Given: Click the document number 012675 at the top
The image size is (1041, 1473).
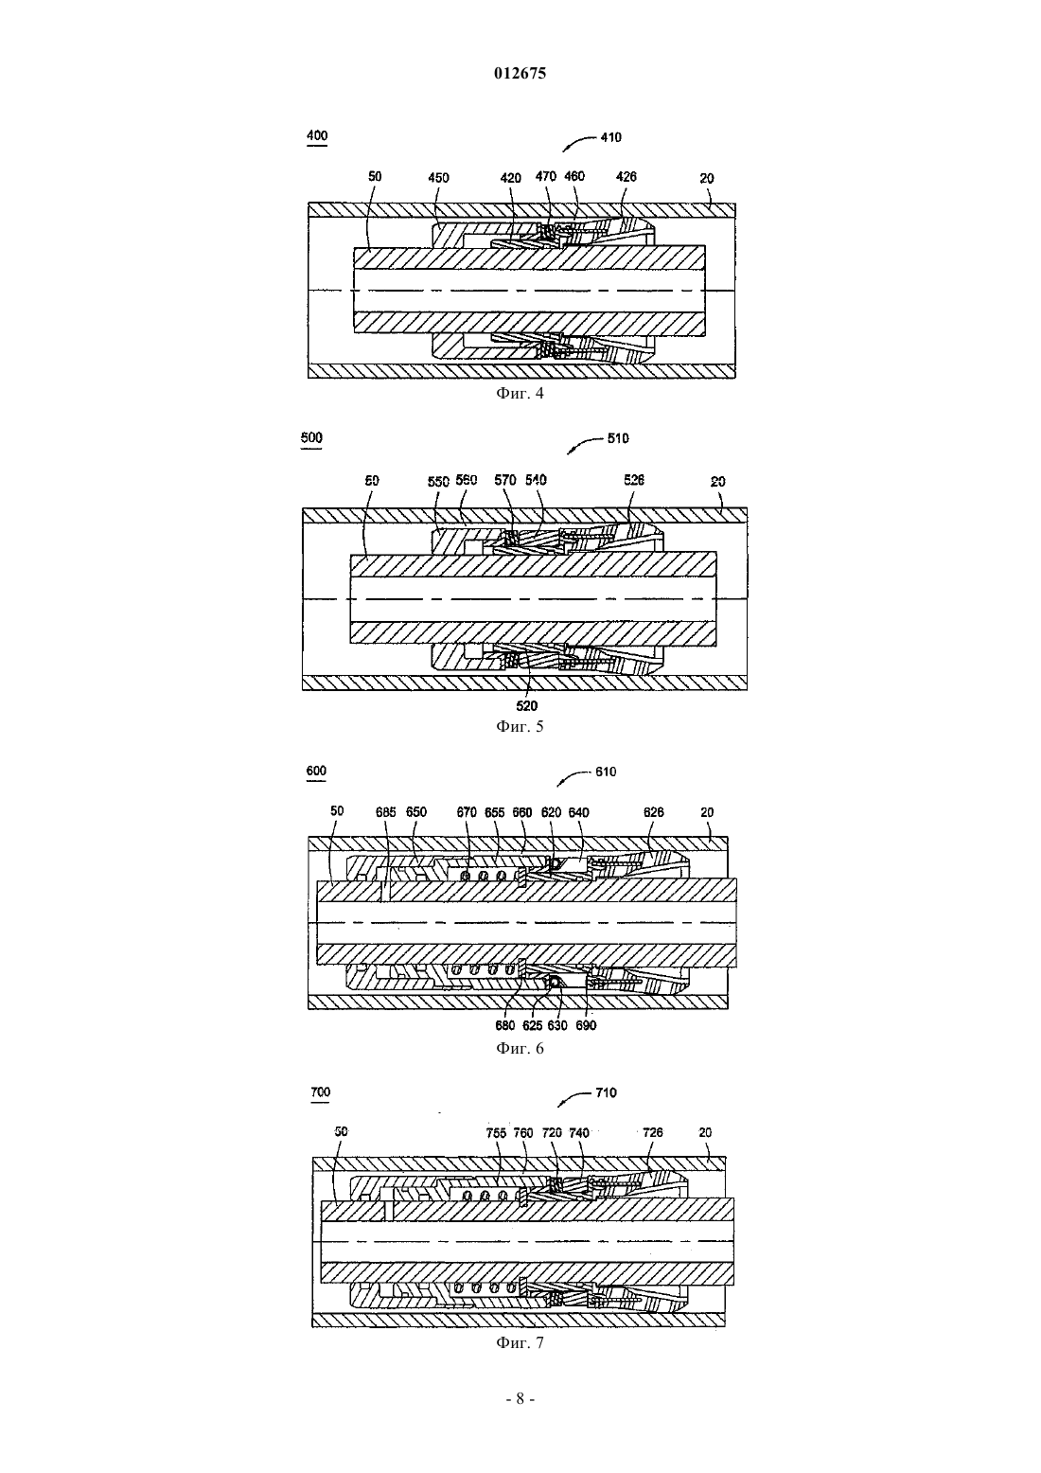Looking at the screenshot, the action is coord(520,73).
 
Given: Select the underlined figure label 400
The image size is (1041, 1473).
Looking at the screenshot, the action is coord(317,135).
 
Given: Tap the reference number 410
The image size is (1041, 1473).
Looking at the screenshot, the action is coord(610,137).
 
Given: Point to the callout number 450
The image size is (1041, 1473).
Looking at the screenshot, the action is coord(438,178).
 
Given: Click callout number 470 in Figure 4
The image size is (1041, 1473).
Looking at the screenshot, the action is coord(545,175).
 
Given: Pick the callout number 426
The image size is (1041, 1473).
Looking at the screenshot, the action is coord(626,176).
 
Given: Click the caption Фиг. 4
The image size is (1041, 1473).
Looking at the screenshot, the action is coord(520,393).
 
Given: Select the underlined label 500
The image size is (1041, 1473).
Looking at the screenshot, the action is coord(311,438).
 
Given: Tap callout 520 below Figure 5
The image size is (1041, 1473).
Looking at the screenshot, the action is coord(526,705).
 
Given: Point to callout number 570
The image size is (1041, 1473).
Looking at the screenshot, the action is coord(504,480).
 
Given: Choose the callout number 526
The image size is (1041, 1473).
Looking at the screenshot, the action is coord(633,480).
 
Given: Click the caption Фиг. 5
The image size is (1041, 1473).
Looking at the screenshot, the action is coord(520,727).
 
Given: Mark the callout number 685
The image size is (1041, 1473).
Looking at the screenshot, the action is coord(386,812).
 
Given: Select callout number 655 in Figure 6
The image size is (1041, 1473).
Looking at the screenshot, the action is coord(494,812).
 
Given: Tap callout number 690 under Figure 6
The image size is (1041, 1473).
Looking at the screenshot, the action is coord(586,1025).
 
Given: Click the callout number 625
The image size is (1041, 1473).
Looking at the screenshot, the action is coord(532,1025).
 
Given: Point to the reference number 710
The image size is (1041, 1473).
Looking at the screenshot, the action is coord(606,1092).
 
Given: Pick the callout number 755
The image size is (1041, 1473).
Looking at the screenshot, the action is coord(496,1132).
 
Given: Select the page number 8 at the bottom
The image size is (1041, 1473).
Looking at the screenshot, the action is coord(520,1399).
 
